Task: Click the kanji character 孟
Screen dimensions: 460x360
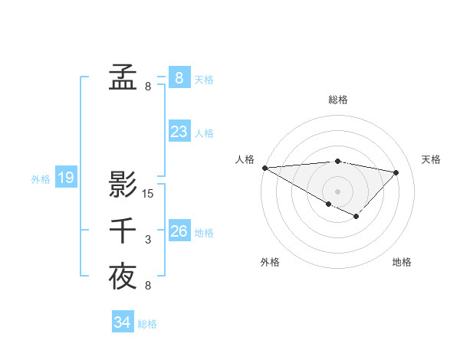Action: coord(123,77)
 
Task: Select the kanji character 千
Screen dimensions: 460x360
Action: coord(123,231)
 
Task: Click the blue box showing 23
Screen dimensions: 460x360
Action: coord(179,132)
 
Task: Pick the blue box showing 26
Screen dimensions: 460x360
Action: coord(179,231)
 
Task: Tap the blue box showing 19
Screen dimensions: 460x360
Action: coord(66,178)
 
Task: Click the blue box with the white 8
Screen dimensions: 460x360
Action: coord(179,77)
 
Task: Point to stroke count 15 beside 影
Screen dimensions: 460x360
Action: coord(148,194)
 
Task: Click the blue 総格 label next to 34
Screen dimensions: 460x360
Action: coord(147,324)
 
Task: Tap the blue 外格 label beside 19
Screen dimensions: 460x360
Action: coord(41,179)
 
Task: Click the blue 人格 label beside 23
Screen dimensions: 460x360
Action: coord(204,133)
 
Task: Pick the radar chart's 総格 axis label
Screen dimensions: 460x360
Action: coord(338,100)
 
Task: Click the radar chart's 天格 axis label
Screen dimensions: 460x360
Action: coord(432,159)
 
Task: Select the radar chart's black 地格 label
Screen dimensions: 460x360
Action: coord(402,263)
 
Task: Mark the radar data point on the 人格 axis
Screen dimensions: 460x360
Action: coord(264,168)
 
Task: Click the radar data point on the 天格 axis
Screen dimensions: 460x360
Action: coord(396,172)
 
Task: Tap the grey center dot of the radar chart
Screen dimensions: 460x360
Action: coord(337,191)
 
